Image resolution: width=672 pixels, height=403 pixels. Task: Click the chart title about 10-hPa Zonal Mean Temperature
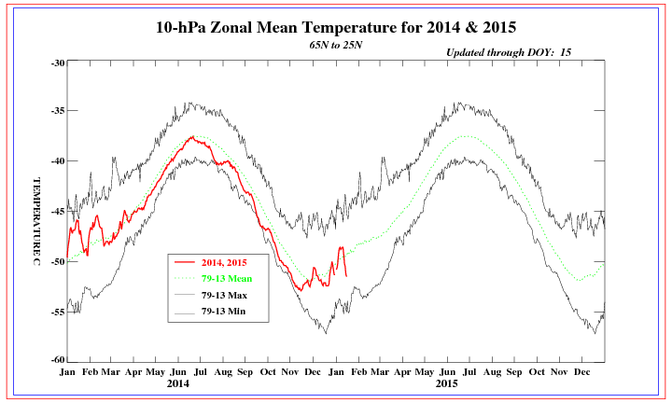(336, 27)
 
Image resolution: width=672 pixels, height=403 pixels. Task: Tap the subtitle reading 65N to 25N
(336, 45)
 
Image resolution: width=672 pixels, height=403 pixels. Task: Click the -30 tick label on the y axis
(57, 63)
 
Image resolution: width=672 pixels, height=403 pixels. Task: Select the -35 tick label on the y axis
(57, 111)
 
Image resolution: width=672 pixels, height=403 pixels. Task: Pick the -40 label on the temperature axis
(57, 161)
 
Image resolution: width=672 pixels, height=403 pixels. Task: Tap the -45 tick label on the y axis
(57, 212)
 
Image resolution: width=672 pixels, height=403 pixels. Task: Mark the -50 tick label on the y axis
(57, 261)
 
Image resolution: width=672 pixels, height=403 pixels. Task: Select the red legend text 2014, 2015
(232, 263)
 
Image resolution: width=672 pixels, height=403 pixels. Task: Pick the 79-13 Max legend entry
(231, 295)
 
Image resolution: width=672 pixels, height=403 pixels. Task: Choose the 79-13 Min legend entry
(231, 311)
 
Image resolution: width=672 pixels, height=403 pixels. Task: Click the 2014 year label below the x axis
(178, 383)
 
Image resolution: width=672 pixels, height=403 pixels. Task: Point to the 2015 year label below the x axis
(447, 383)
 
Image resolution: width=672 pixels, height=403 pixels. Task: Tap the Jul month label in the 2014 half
(201, 371)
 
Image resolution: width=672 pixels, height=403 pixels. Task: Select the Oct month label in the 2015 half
(537, 371)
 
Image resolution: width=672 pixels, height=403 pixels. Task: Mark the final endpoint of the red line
(346, 275)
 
